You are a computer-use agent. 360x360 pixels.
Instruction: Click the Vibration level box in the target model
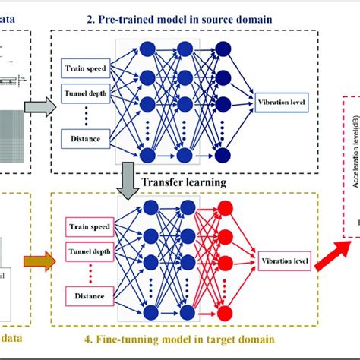284,261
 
